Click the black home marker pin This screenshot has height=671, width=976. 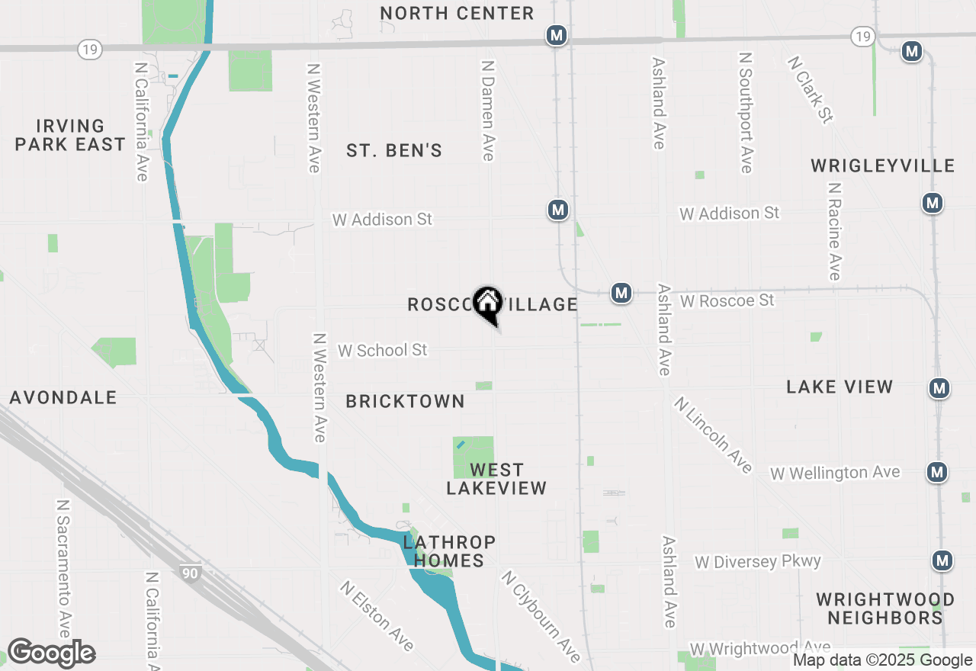tap(487, 303)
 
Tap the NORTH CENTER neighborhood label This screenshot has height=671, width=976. tap(457, 13)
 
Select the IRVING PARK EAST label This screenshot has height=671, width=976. tap(69, 135)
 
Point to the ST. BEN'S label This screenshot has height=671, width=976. tap(394, 150)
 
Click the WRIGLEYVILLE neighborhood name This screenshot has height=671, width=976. tap(882, 165)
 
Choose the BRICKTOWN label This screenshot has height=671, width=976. tap(405, 401)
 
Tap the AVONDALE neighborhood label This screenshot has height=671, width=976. tap(63, 397)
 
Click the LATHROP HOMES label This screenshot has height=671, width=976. tap(449, 551)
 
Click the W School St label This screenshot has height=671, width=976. tap(383, 350)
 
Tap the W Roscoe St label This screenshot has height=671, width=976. tap(727, 301)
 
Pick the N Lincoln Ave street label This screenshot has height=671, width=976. tap(713, 435)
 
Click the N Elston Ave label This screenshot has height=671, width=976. tap(377, 616)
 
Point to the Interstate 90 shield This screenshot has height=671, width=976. tap(191, 573)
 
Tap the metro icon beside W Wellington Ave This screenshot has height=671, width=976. tap(937, 472)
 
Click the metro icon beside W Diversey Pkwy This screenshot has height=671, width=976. tap(942, 560)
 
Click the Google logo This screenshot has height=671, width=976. tap(51, 653)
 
